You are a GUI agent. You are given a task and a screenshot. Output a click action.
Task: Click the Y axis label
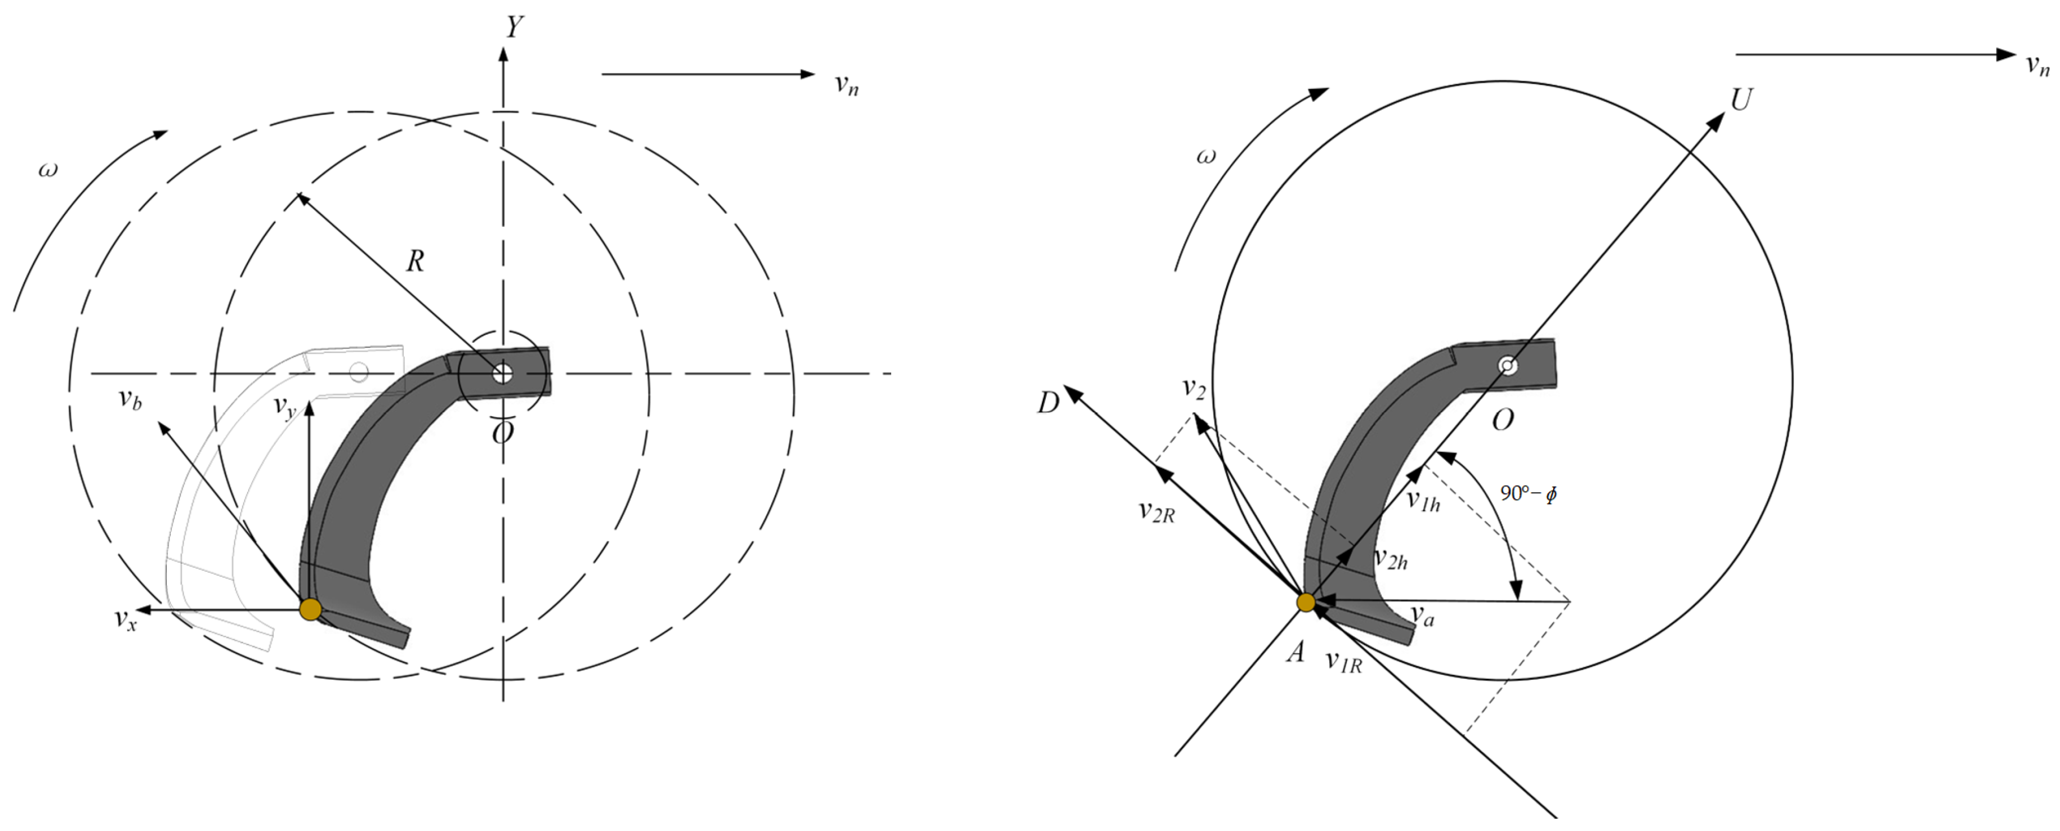[514, 26]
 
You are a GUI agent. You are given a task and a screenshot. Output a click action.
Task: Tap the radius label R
[415, 261]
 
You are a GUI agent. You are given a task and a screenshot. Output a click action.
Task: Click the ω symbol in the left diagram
[48, 170]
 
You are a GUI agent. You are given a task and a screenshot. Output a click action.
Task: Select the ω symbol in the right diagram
[1205, 156]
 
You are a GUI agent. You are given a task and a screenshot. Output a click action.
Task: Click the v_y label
[284, 407]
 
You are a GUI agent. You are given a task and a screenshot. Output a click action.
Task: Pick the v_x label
[125, 619]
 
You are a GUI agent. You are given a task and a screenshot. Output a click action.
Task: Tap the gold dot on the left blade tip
[310, 609]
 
